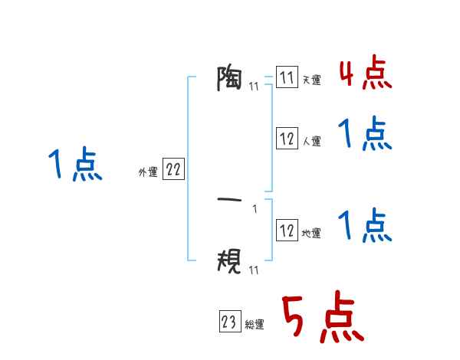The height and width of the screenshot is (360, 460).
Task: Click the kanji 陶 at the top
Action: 230,78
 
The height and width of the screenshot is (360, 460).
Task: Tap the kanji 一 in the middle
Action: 230,201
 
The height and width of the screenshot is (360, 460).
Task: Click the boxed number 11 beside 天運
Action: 287,78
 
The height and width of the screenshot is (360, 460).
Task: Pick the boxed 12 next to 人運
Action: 287,139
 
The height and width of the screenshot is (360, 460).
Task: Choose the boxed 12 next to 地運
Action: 287,230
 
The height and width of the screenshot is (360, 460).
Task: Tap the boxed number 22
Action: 173,171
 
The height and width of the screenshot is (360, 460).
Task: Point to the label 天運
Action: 311,80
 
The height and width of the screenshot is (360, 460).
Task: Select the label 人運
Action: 311,141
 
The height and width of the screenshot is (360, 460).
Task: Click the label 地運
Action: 311,232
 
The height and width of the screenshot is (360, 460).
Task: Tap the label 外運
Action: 147,173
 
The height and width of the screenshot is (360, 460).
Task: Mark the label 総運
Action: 255,325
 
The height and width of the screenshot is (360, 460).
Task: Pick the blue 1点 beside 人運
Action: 365,136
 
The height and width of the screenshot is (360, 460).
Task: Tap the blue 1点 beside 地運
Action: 365,225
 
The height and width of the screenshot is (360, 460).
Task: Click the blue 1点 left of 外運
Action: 75,165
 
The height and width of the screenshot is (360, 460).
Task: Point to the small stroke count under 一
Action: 255,209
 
